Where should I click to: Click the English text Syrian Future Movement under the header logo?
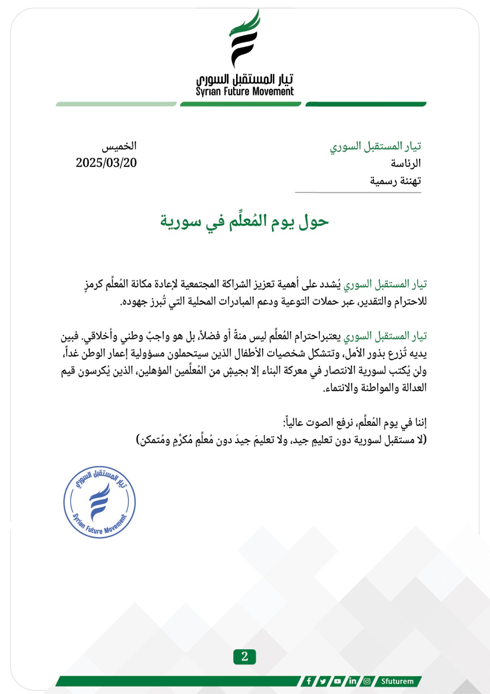click(244, 92)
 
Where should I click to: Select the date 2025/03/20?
click(106, 163)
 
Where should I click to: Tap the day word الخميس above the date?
click(119, 146)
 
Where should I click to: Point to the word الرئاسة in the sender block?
click(406, 164)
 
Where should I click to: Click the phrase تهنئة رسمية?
click(395, 181)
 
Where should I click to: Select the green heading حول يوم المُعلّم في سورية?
click(244, 221)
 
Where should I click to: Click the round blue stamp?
click(99, 502)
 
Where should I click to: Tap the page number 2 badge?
click(244, 657)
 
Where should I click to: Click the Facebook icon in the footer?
click(308, 681)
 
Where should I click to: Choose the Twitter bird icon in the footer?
click(323, 681)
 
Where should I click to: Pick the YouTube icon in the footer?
click(337, 681)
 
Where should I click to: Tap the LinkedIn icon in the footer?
click(352, 681)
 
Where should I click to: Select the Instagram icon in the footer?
click(367, 681)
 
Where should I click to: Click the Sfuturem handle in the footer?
click(397, 681)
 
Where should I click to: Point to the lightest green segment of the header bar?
click(116, 104)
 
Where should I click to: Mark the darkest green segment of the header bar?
click(366, 104)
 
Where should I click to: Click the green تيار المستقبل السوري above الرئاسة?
click(375, 147)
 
